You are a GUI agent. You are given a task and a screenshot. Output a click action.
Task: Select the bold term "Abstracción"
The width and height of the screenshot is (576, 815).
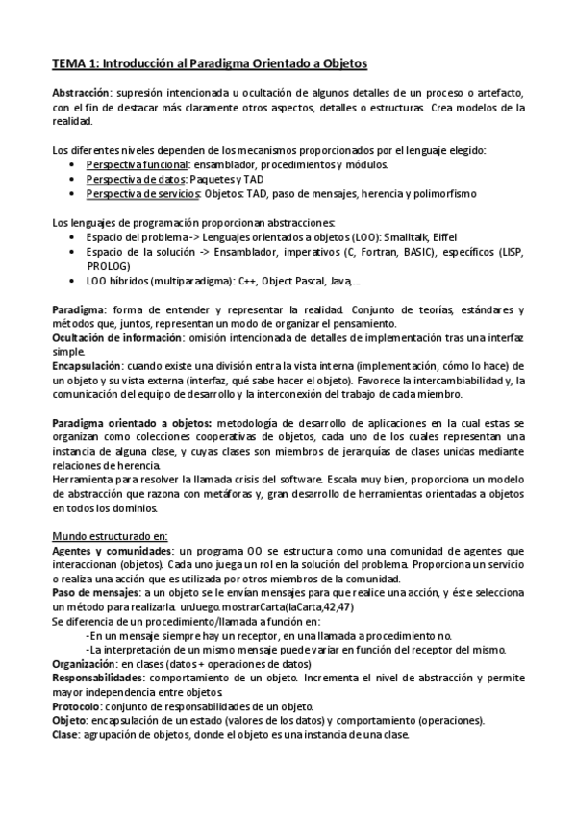[80, 93]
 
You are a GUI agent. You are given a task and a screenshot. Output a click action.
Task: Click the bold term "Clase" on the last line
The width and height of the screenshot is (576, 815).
[66, 735]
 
